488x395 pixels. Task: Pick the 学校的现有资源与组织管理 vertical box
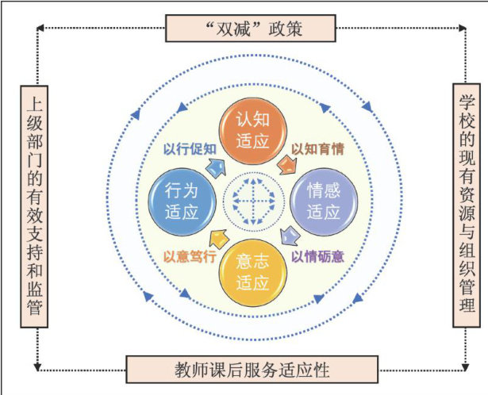[466, 204]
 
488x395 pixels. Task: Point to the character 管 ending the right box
[466, 305]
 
